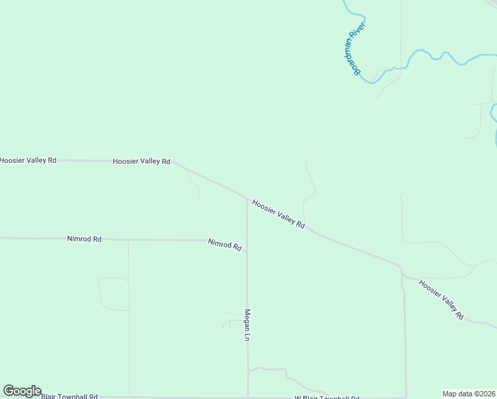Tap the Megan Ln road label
pyautogui.click(x=247, y=325)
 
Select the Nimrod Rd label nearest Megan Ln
pyautogui.click(x=225, y=245)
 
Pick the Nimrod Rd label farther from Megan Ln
pyautogui.click(x=84, y=239)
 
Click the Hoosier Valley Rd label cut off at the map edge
pyautogui.click(x=28, y=160)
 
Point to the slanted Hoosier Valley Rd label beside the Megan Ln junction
pyautogui.click(x=278, y=215)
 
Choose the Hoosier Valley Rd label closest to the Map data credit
pyautogui.click(x=441, y=300)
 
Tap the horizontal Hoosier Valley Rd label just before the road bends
pyautogui.click(x=142, y=161)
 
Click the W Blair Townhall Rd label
pyautogui.click(x=327, y=397)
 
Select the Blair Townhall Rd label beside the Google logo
pyautogui.click(x=69, y=396)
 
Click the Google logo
pyautogui.click(x=22, y=391)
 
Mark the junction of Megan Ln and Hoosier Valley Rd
pyautogui.click(x=247, y=198)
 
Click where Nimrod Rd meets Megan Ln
pyautogui.click(x=247, y=251)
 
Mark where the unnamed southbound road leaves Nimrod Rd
pyautogui.click(x=128, y=240)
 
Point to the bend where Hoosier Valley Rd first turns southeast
pyautogui.click(x=174, y=162)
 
